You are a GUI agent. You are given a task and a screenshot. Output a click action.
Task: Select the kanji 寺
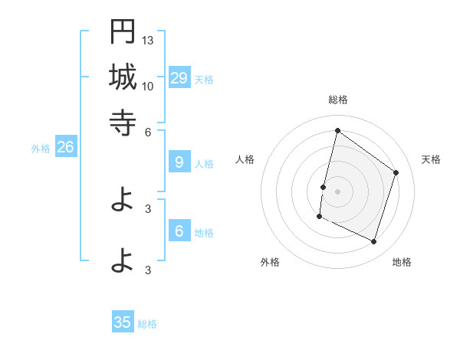[x=123, y=123]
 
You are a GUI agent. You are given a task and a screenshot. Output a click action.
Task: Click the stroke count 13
[x=148, y=40]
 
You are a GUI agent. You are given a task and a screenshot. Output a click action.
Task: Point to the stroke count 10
[x=148, y=86]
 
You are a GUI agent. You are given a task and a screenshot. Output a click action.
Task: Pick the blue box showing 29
[x=179, y=77]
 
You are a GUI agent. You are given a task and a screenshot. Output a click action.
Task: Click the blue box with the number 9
[x=179, y=162]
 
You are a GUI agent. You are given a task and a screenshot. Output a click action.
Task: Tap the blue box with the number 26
[x=65, y=148]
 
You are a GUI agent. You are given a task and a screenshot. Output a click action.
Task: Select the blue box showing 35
[x=123, y=322]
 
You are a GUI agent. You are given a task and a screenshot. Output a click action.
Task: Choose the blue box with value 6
[x=179, y=231]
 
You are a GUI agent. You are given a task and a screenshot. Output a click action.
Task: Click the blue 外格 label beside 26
[x=41, y=149]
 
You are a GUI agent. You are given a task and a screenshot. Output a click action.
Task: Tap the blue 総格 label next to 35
[x=147, y=324]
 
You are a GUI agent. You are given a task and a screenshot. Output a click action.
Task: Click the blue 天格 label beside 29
[x=204, y=79]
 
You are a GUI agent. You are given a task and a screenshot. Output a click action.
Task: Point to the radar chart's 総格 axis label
[x=337, y=100]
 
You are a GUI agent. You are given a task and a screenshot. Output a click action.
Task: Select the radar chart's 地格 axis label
[x=402, y=262]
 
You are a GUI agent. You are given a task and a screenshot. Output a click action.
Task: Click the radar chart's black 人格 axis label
[x=245, y=159]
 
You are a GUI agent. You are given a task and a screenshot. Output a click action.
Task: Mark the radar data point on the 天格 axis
[x=396, y=172]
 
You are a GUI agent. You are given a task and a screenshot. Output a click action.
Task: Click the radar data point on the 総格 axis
[x=337, y=130]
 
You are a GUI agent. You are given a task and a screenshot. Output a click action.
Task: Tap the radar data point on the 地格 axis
[x=374, y=242]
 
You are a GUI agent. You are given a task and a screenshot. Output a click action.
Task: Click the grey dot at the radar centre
[x=337, y=191]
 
